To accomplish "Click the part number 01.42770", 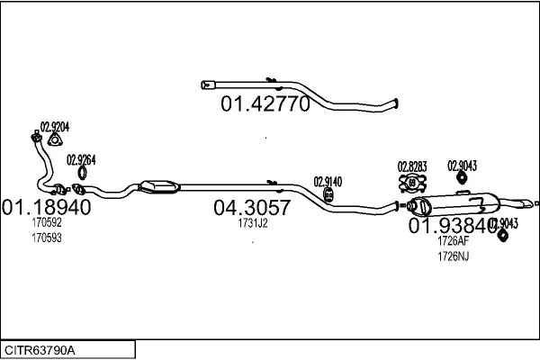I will pos(265,103).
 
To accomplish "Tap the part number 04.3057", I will pos(252,208).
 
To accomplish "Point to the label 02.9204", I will pos(54,127).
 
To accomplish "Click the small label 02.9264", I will pos(81,159).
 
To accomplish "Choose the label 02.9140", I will pos(328,181).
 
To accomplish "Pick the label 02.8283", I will pos(412,166).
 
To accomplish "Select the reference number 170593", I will pos(47,238).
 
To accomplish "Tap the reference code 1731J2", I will pos(253,224).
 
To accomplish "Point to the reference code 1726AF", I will pos(453,241).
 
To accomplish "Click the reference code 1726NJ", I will pos(453,256).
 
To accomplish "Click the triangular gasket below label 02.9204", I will pos(55,139).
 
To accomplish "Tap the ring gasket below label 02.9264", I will pos(82,172).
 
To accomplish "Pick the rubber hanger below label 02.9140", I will pos(328,194).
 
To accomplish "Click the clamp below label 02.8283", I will pos(413,184).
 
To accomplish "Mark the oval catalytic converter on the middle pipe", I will pos(158,185).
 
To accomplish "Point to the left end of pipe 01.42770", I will pos(206,85).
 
